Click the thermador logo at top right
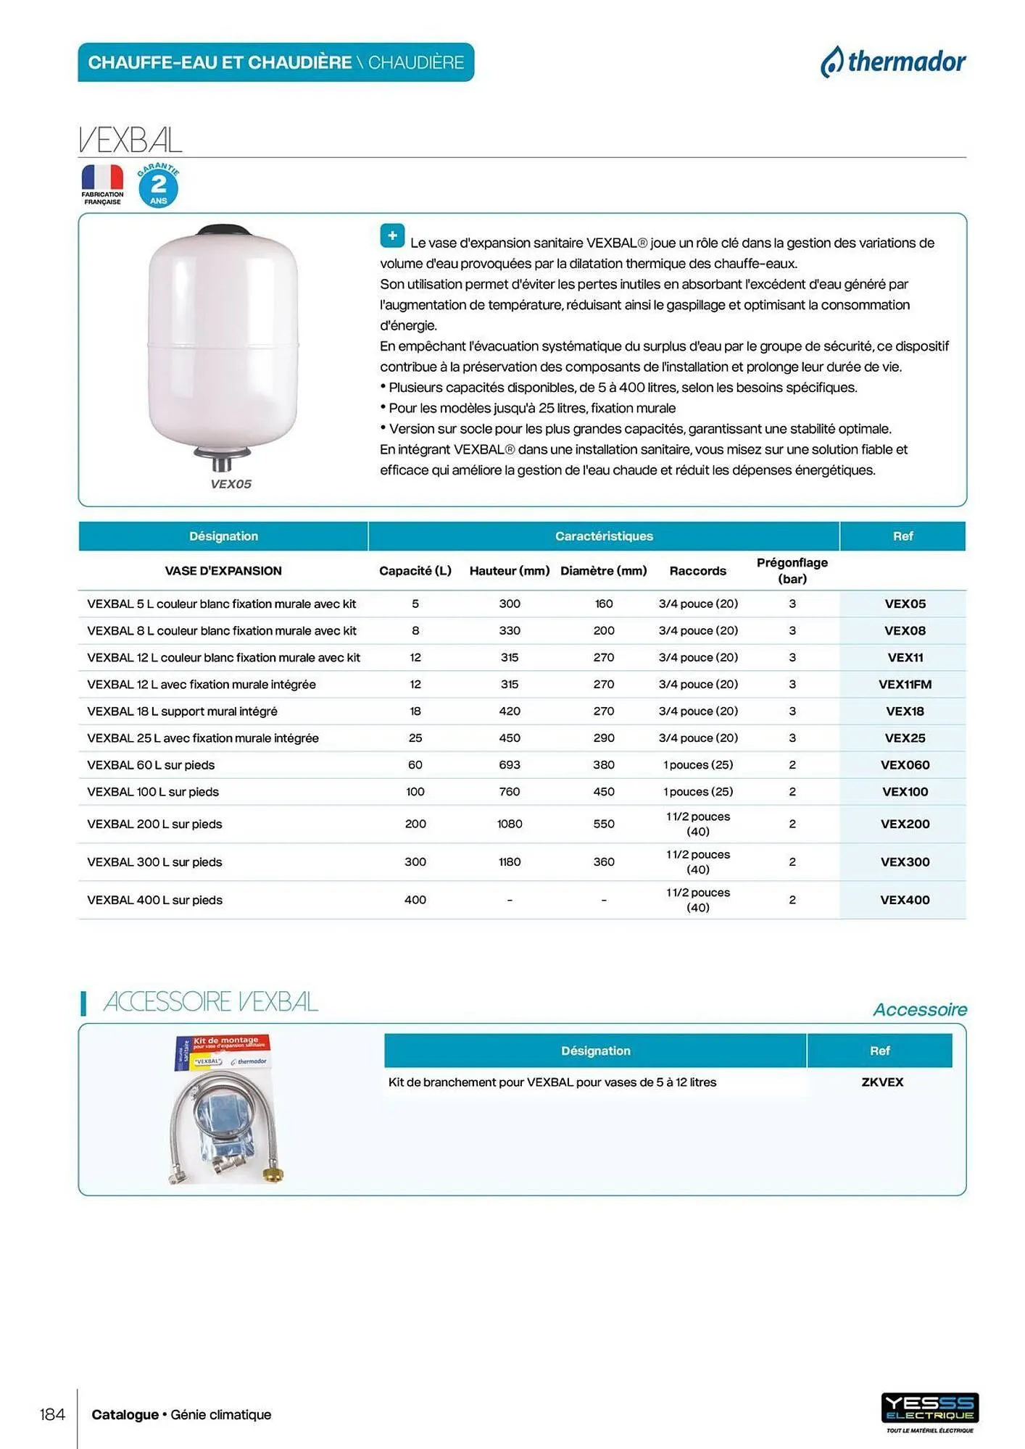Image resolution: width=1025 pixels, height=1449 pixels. click(893, 62)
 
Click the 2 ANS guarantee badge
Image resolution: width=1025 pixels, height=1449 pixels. click(158, 186)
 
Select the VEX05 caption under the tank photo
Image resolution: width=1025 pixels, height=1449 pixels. click(231, 484)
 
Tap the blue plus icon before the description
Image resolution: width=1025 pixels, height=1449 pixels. click(392, 235)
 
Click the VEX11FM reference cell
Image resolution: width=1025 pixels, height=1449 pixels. click(904, 684)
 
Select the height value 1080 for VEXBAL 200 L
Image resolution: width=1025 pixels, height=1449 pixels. click(509, 824)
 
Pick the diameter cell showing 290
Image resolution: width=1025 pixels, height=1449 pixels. click(603, 738)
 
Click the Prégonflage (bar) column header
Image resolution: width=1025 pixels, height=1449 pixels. click(792, 570)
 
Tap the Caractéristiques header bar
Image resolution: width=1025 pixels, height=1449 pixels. click(603, 536)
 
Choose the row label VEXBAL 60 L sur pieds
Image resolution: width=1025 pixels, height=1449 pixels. click(151, 765)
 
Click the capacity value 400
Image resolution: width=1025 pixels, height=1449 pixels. click(415, 900)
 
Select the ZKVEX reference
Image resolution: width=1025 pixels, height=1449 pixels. click(881, 1082)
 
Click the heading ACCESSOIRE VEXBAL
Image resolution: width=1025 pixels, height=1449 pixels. click(210, 1002)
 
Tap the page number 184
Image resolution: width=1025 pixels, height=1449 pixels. click(52, 1414)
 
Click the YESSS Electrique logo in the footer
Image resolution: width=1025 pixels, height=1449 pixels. click(929, 1409)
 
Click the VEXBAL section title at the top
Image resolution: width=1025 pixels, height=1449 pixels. click(130, 140)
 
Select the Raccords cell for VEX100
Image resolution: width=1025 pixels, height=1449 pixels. click(697, 792)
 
